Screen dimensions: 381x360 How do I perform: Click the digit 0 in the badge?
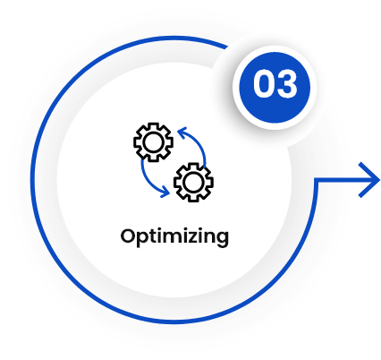pos(264,83)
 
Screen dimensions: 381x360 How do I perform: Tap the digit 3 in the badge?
pos(286,83)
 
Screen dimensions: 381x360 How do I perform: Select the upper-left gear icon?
pos(153,142)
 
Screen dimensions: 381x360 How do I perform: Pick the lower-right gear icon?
pos(193,182)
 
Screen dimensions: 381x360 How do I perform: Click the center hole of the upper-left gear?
pos(153,142)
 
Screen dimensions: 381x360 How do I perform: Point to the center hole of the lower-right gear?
pos(193,182)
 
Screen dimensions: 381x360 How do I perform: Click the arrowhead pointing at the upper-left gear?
pos(182,133)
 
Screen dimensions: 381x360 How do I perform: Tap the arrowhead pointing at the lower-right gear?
pos(165,192)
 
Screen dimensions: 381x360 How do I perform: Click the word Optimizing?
pos(174,237)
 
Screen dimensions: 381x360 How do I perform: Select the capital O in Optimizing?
pos(128,236)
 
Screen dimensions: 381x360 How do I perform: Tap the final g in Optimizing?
pos(222,240)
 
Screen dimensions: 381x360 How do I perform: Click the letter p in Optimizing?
pos(145,240)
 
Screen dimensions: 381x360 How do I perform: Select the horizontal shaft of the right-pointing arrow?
pos(346,180)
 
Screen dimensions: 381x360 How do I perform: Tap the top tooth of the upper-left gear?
pos(153,125)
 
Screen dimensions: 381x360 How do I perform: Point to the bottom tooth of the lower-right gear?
pos(193,200)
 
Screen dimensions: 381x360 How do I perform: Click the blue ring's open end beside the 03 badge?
pos(227,47)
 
